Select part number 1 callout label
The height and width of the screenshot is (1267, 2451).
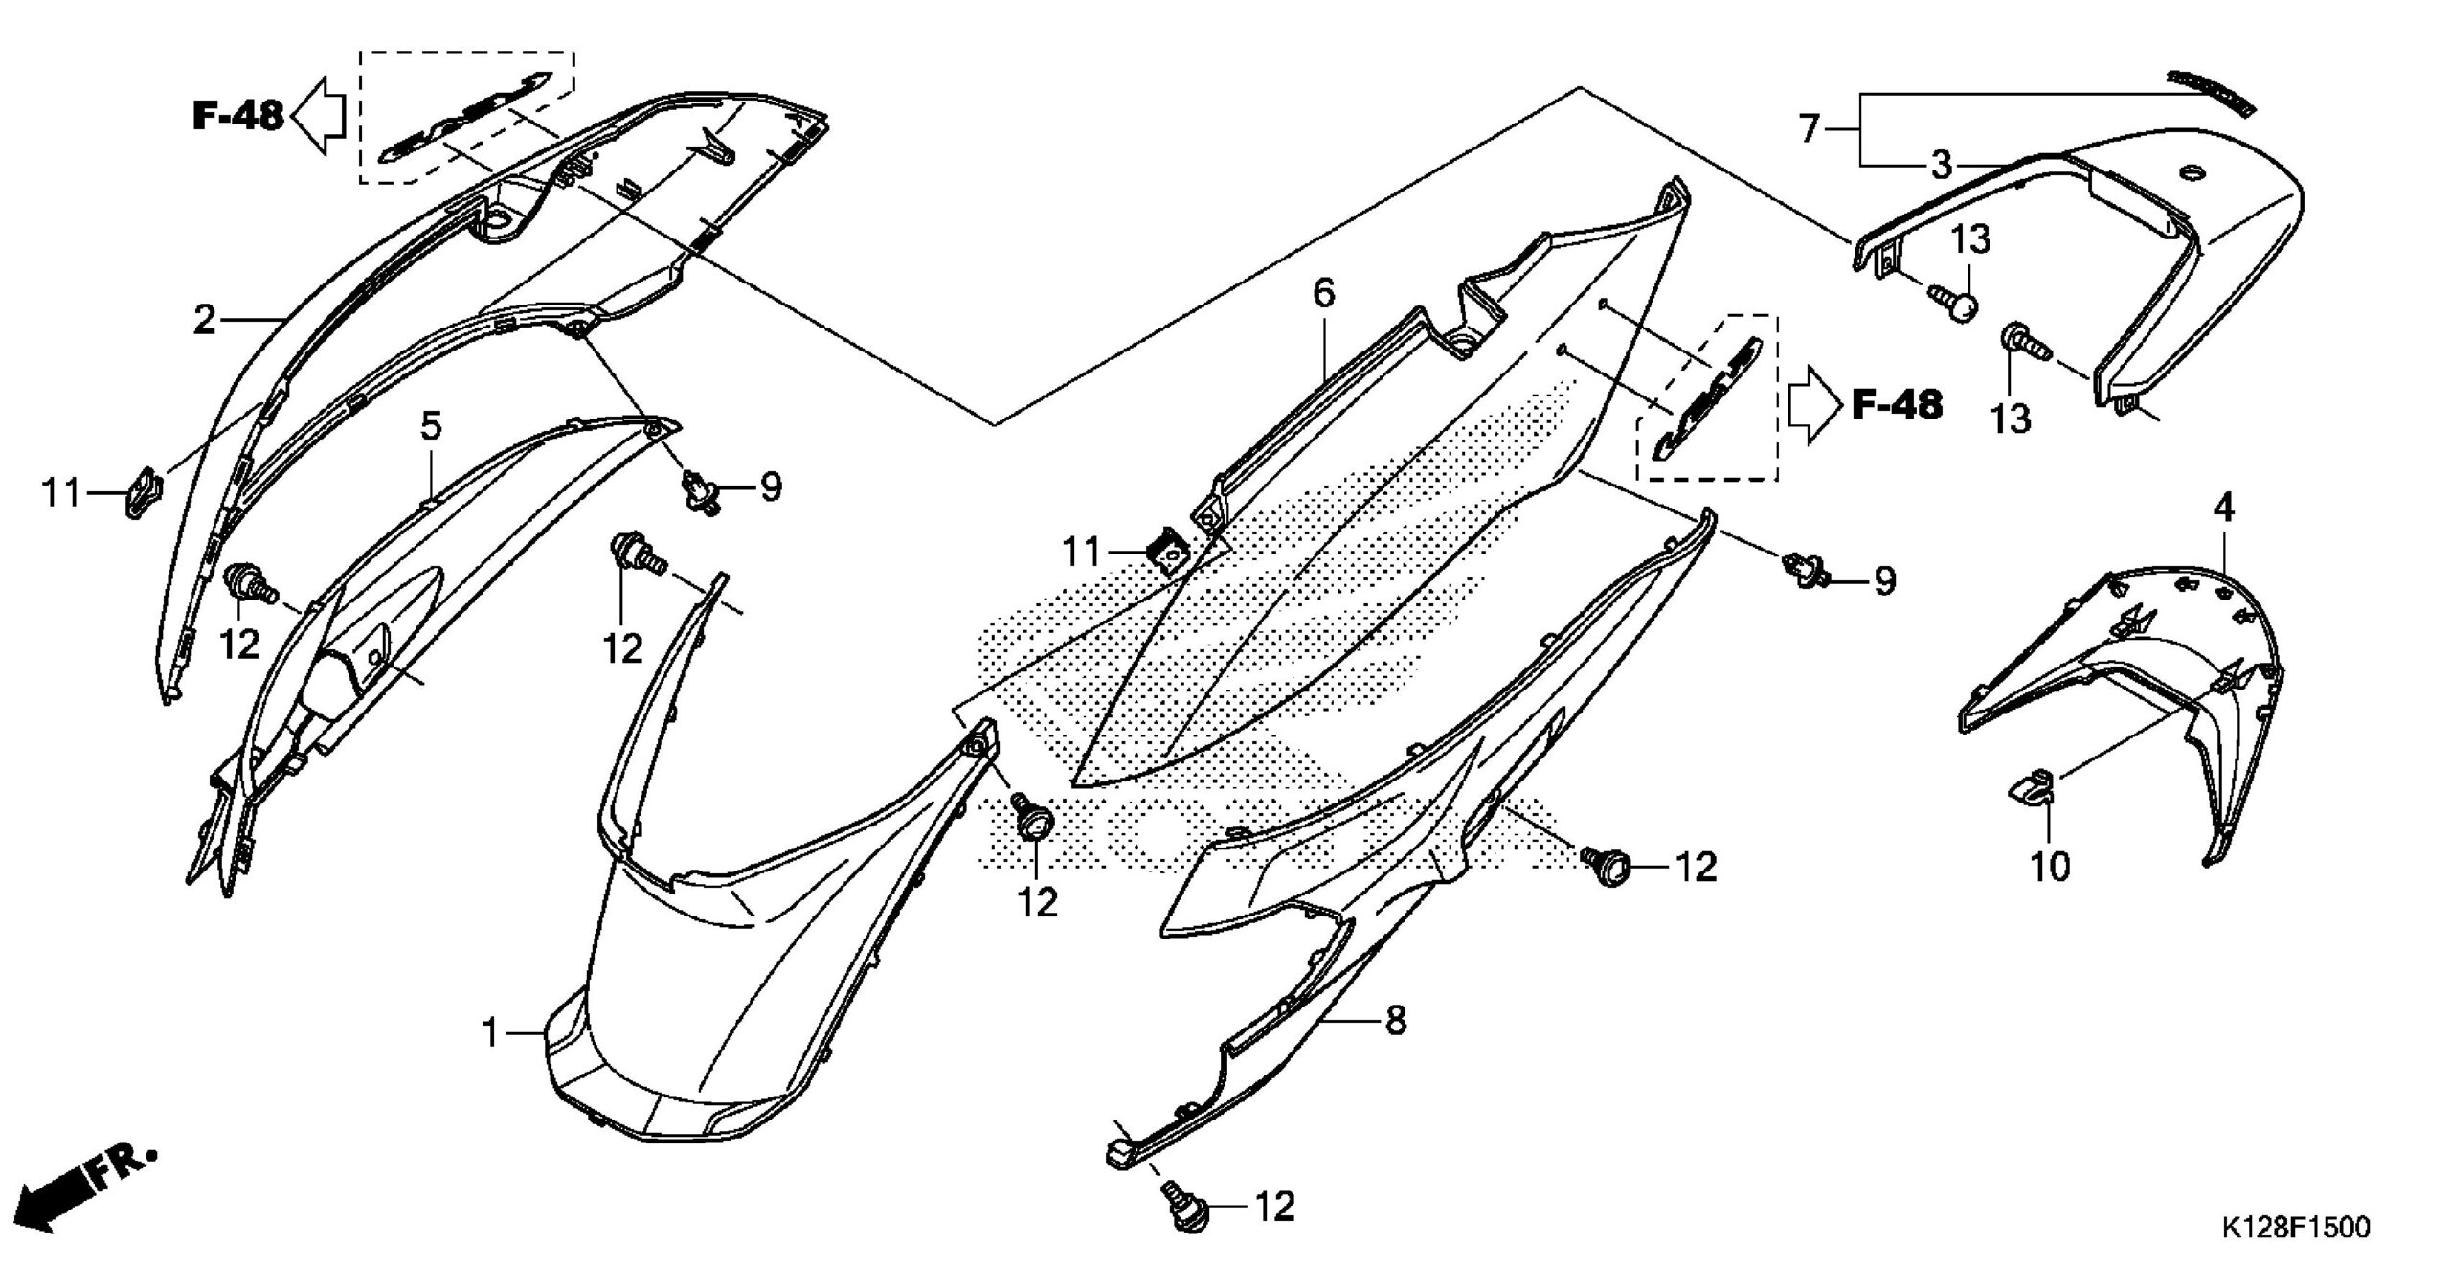[491, 1034]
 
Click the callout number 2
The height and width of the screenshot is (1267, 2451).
[204, 321]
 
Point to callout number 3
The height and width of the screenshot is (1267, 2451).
[1941, 166]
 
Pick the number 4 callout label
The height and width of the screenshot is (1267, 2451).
[2223, 509]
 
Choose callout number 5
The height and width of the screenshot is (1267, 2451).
[432, 426]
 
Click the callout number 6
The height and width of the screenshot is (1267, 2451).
[1323, 293]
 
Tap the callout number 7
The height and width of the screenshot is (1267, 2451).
[1808, 127]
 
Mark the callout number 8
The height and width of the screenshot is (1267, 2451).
[1396, 1021]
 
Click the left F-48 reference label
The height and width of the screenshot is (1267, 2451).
[237, 116]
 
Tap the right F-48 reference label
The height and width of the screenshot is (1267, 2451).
[1897, 405]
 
